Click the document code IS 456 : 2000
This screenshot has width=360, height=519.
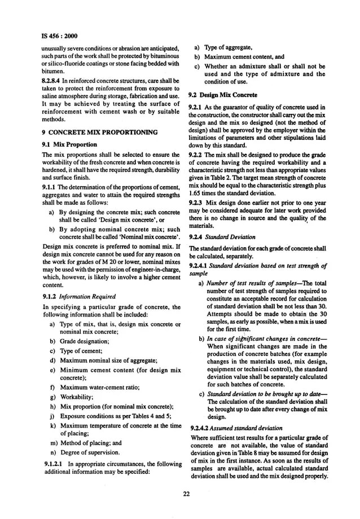(x=59, y=37)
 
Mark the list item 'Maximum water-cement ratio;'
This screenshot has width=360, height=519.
(x=99, y=388)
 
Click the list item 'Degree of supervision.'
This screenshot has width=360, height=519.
(x=90, y=452)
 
